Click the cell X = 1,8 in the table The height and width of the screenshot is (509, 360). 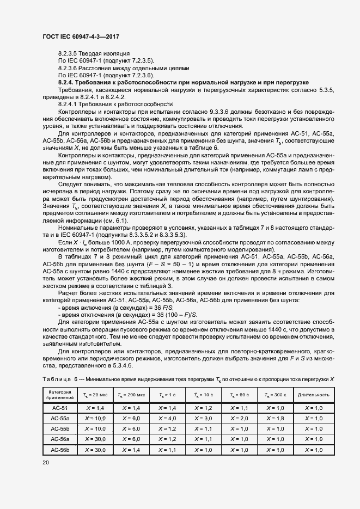tap(277, 419)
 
